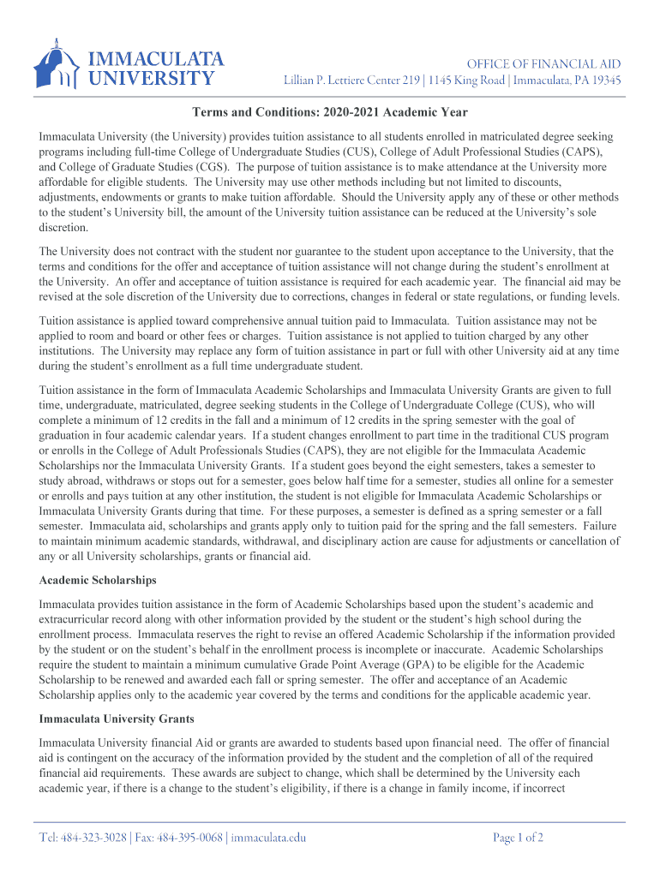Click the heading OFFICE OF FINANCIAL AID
pyautogui.click(x=543, y=64)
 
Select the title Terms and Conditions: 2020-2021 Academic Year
pyautogui.click(x=329, y=112)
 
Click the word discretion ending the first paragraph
pyautogui.click(x=64, y=229)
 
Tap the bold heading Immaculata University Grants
pyautogui.click(x=117, y=719)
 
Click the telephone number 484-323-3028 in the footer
pyautogui.click(x=94, y=838)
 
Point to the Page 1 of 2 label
pyautogui.click(x=518, y=838)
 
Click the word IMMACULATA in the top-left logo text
pyautogui.click(x=157, y=58)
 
